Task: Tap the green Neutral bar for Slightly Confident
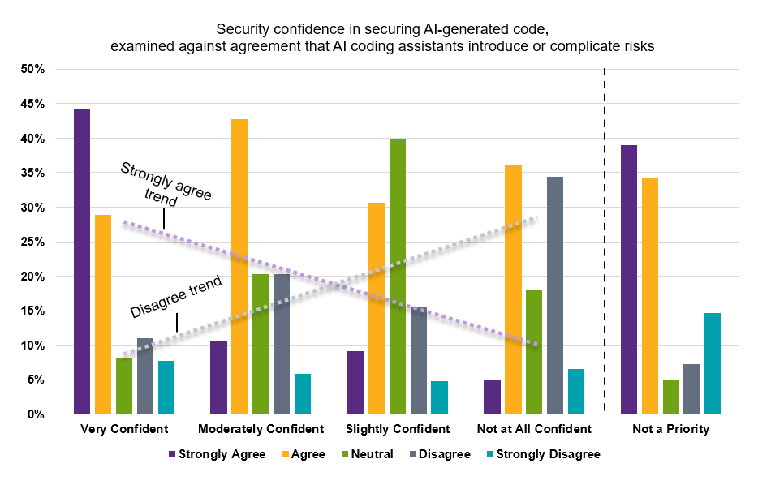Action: (397, 277)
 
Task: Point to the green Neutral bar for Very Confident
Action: (124, 386)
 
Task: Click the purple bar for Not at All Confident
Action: (492, 397)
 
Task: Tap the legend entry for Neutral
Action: (368, 454)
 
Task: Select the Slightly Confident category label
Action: (397, 428)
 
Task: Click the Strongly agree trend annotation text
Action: (166, 183)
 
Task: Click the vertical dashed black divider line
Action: (605, 243)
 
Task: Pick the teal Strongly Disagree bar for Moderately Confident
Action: (303, 394)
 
